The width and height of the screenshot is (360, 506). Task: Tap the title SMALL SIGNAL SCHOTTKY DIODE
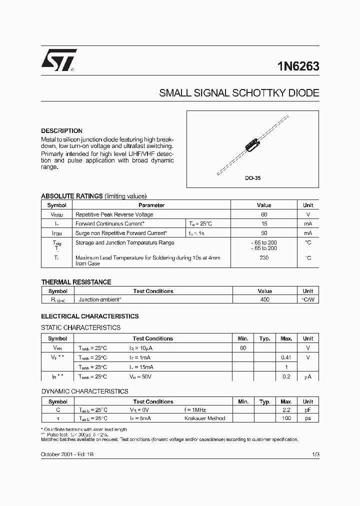pyautogui.click(x=238, y=93)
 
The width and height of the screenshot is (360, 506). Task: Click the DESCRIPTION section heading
pyautogui.click(x=61, y=131)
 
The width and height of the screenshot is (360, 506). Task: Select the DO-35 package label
pyautogui.click(x=252, y=178)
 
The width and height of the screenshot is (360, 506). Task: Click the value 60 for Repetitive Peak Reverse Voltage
pyautogui.click(x=264, y=214)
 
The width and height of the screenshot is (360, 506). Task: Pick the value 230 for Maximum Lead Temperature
pyautogui.click(x=264, y=258)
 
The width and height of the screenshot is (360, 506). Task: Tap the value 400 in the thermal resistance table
pyautogui.click(x=264, y=300)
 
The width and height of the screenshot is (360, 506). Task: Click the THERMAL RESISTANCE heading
pyautogui.click(x=76, y=282)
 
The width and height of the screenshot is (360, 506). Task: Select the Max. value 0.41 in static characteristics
pyautogui.click(x=286, y=357)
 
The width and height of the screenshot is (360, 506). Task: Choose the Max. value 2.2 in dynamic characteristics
pyautogui.click(x=286, y=409)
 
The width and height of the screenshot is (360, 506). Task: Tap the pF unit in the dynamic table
pyautogui.click(x=308, y=409)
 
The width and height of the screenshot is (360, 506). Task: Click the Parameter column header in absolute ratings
pyautogui.click(x=151, y=205)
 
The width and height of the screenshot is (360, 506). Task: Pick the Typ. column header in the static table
pyautogui.click(x=264, y=338)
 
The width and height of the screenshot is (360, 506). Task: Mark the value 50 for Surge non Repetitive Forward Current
pyautogui.click(x=264, y=233)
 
